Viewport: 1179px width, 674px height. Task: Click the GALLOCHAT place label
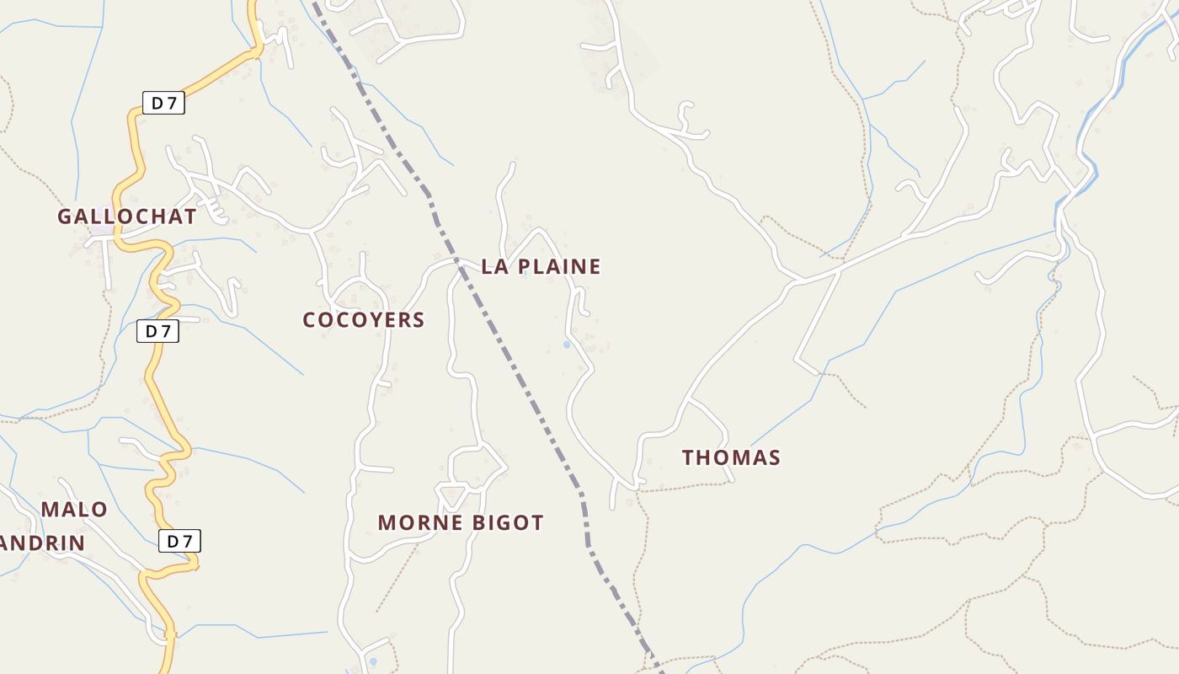(x=126, y=217)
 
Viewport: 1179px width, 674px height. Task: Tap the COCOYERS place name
(x=363, y=320)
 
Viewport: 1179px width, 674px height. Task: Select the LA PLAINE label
(x=541, y=267)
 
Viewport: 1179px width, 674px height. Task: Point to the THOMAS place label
(x=731, y=457)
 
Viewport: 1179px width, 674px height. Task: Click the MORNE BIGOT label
(x=460, y=522)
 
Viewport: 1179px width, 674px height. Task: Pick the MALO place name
(x=74, y=510)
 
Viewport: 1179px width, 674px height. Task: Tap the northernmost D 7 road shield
(x=163, y=104)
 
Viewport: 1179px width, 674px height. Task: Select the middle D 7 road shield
(x=157, y=331)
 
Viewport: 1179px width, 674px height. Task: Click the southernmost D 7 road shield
(x=179, y=541)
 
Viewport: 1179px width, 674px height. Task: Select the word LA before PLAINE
(x=493, y=267)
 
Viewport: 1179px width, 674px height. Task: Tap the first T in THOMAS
(x=688, y=457)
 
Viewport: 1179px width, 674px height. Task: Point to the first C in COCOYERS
(x=309, y=320)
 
